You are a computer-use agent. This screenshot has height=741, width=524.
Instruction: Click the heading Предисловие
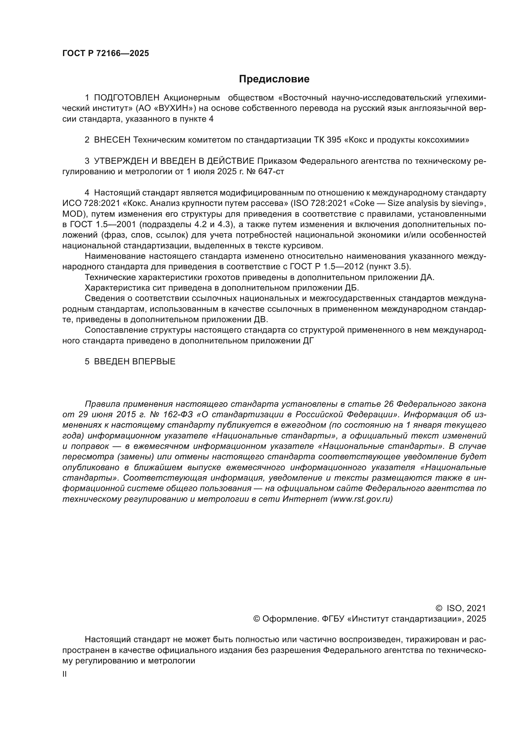(274, 79)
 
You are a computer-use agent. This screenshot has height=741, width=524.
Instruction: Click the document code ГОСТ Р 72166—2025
(105, 54)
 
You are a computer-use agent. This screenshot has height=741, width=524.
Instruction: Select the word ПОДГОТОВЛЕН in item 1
(127, 98)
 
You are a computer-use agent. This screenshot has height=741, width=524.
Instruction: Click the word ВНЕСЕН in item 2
(112, 140)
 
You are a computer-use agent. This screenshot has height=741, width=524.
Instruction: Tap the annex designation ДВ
(261, 320)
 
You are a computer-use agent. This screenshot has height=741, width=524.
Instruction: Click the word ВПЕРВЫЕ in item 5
(154, 362)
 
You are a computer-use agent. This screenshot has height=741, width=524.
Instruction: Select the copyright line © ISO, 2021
(461, 608)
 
